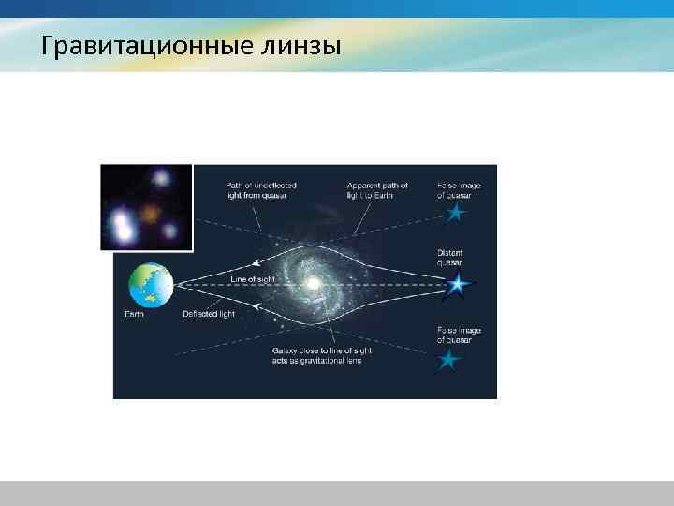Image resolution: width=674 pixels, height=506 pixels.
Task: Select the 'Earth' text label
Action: (x=136, y=314)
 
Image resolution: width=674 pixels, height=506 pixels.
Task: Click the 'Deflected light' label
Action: (x=209, y=314)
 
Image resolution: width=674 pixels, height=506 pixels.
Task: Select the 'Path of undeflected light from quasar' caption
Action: (x=256, y=190)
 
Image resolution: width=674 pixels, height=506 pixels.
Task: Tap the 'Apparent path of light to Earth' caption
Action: (x=377, y=190)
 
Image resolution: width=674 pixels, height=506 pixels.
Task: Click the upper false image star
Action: (x=456, y=215)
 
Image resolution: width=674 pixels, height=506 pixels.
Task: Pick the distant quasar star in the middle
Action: (x=456, y=284)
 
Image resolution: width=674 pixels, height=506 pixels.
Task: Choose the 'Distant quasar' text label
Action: (x=450, y=258)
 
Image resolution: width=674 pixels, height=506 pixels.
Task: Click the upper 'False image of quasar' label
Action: (x=458, y=190)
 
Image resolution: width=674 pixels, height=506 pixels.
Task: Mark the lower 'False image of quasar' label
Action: (x=458, y=335)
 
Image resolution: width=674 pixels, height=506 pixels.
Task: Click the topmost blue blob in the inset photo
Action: (x=161, y=178)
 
